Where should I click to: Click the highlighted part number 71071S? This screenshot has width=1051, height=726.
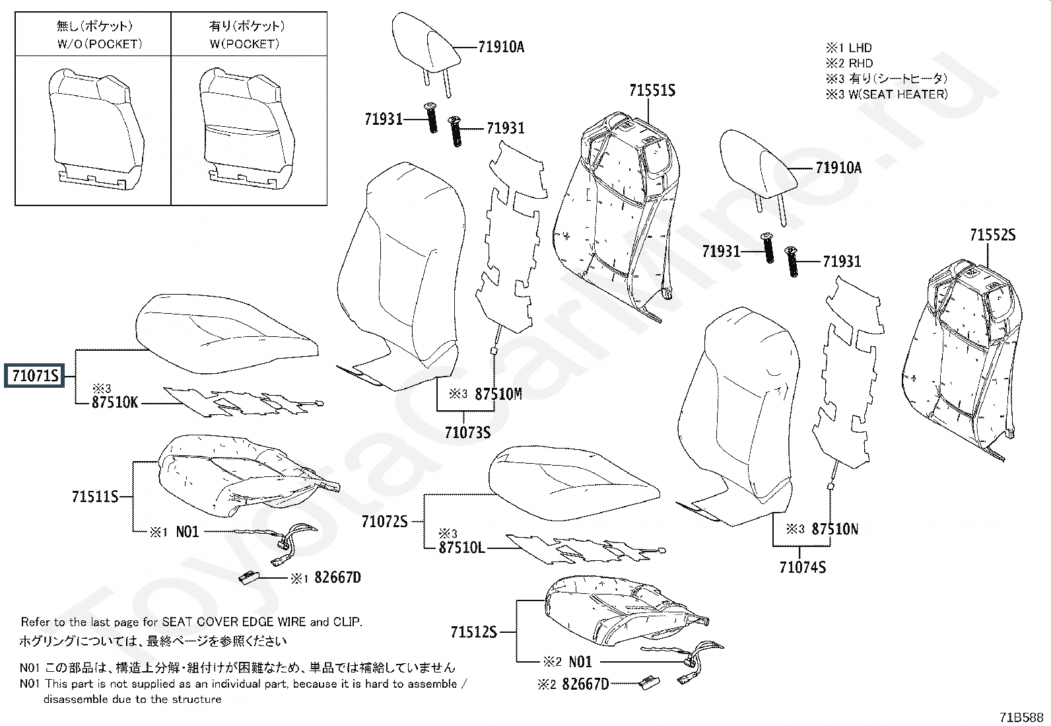point(35,377)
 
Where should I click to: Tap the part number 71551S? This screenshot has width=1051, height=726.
point(652,91)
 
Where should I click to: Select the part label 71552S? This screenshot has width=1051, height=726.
point(992,235)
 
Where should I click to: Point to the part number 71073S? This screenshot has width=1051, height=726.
point(467,433)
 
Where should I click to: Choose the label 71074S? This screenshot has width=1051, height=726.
point(802,567)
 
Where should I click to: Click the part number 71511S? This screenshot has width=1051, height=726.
point(94,497)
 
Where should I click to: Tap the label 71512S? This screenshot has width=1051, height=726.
point(473,632)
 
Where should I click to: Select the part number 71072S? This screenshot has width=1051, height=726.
point(384,521)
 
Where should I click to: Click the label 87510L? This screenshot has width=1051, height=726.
point(461,548)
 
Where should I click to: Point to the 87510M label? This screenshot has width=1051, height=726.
point(498,394)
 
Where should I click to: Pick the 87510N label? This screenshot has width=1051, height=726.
point(834,529)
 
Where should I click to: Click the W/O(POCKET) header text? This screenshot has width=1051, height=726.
point(94,44)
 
